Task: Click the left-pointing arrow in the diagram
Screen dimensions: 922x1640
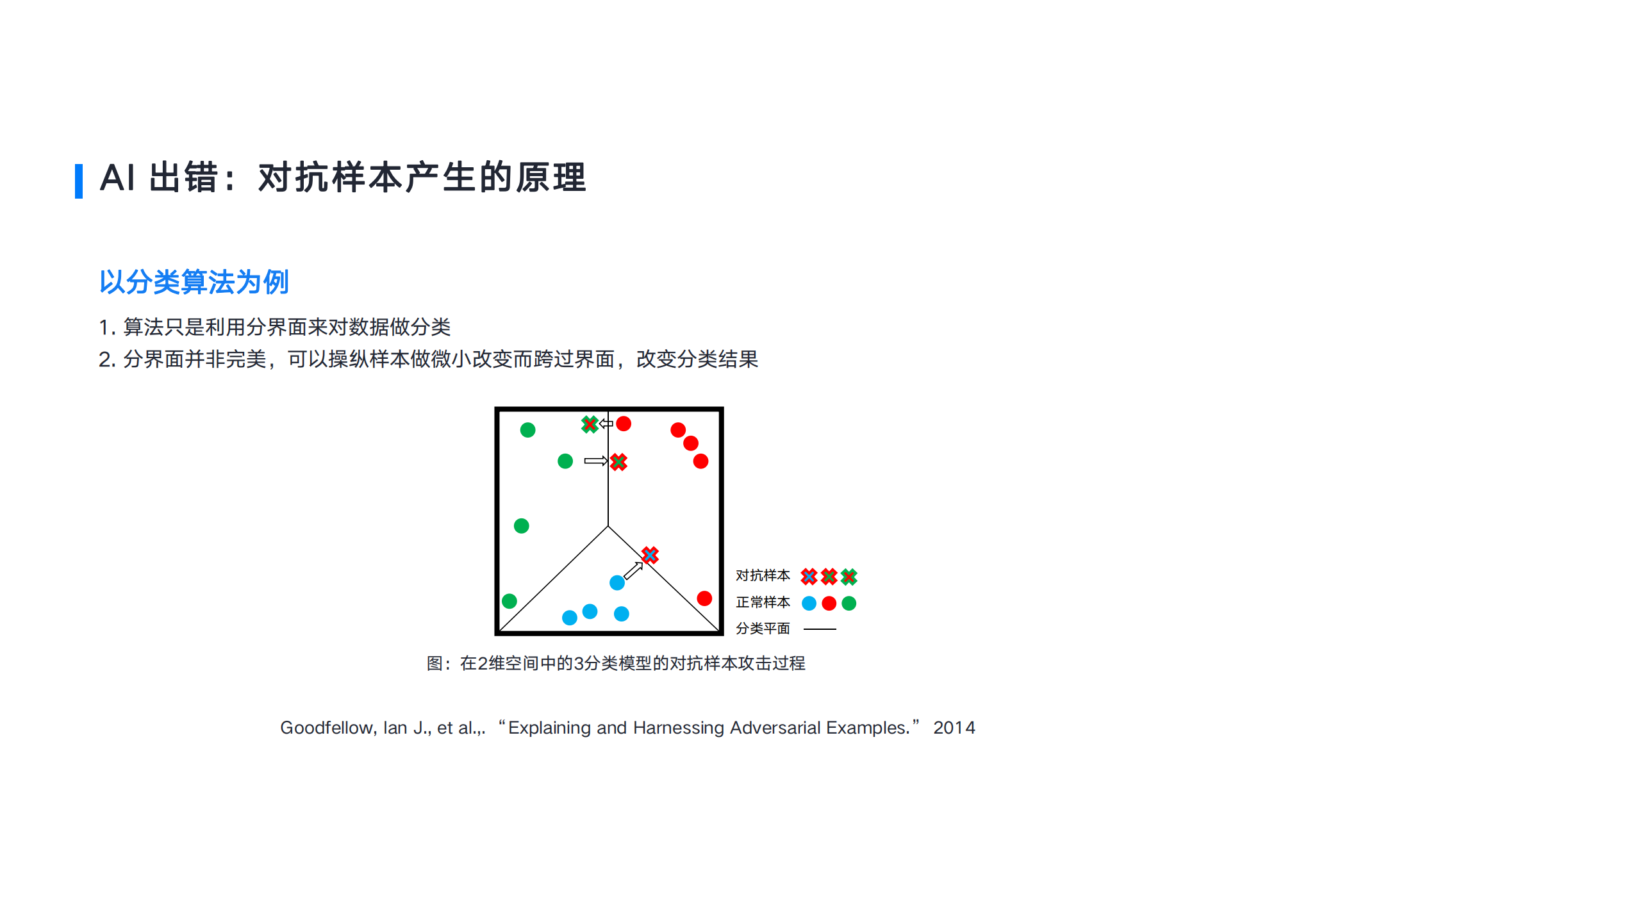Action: (x=606, y=424)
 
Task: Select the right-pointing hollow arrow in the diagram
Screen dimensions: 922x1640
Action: (x=595, y=461)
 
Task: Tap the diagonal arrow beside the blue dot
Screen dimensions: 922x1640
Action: (x=633, y=570)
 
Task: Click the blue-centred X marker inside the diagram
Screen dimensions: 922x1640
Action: (x=650, y=555)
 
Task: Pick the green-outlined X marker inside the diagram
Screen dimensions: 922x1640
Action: (x=590, y=424)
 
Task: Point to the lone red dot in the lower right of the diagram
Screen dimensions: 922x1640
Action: (x=704, y=598)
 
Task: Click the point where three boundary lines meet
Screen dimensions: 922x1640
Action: (x=608, y=527)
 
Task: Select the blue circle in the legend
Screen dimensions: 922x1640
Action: (x=809, y=603)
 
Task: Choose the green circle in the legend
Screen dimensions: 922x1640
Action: (x=849, y=603)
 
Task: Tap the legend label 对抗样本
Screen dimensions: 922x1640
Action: (x=763, y=575)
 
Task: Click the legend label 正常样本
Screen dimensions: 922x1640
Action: (x=763, y=602)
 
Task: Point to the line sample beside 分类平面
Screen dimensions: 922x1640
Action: (x=820, y=629)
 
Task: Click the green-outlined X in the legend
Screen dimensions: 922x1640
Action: (x=849, y=577)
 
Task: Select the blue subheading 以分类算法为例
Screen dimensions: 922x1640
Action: (x=194, y=282)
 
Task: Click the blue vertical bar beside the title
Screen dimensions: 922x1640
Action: (x=79, y=181)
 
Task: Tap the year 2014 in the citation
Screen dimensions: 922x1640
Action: (x=954, y=728)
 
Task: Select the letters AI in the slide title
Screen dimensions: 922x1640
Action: (x=117, y=177)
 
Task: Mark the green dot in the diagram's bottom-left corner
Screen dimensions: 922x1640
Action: (x=509, y=601)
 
